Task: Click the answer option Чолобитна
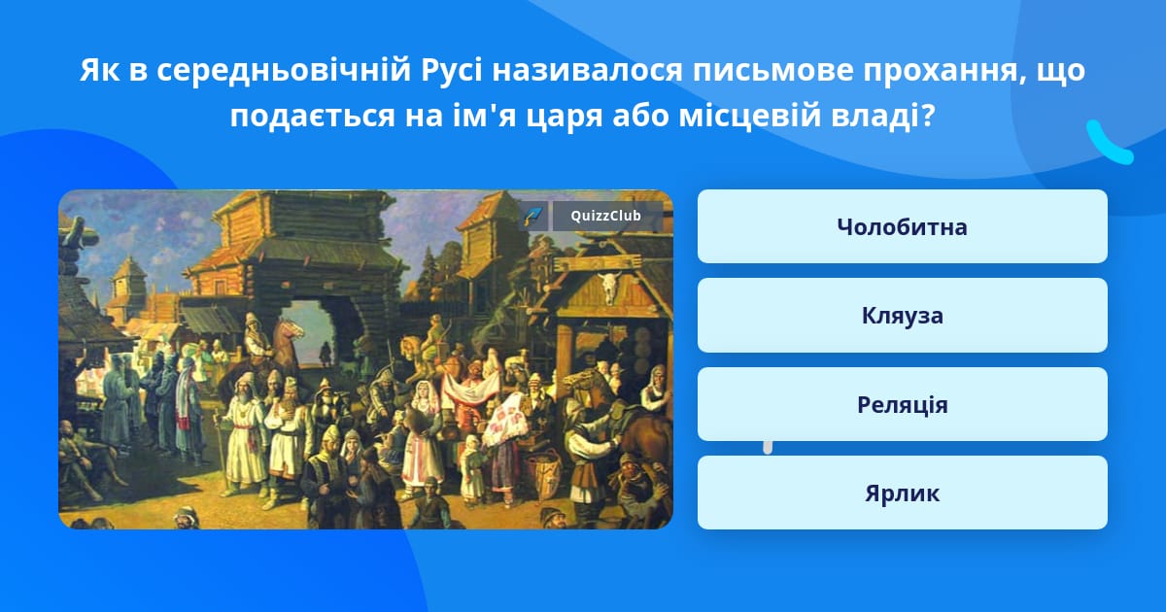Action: coord(902,226)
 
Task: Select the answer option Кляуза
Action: coord(902,316)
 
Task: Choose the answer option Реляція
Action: coord(902,404)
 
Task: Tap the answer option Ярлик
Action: coord(902,493)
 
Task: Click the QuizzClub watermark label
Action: coord(606,216)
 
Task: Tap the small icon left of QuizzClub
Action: coord(533,216)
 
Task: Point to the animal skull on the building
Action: coord(609,287)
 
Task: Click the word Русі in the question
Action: coord(452,70)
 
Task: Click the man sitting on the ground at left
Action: coord(78,457)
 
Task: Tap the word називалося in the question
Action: coord(587,71)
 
